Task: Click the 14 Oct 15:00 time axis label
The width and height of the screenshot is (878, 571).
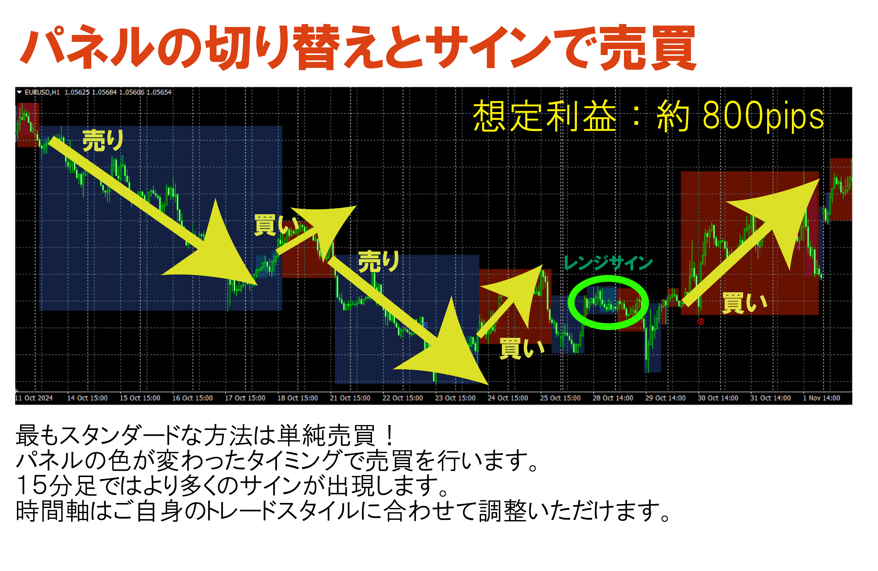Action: click(x=87, y=398)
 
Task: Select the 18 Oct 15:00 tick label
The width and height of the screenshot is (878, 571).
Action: click(x=298, y=398)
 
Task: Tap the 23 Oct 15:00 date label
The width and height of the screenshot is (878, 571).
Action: click(x=455, y=398)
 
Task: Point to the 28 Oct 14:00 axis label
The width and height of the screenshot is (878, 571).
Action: click(x=613, y=398)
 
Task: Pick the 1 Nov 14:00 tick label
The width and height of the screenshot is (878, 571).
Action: click(x=822, y=398)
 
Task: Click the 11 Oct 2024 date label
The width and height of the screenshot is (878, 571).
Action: click(x=34, y=398)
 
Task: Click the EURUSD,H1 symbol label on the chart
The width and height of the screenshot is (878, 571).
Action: click(x=42, y=92)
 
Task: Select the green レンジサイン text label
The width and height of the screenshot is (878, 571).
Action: click(x=608, y=263)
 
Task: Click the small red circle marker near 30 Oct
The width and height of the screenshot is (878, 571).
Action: click(x=700, y=322)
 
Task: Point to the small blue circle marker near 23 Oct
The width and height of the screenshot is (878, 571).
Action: click(x=425, y=325)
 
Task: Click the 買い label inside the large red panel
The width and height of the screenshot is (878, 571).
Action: click(x=745, y=303)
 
